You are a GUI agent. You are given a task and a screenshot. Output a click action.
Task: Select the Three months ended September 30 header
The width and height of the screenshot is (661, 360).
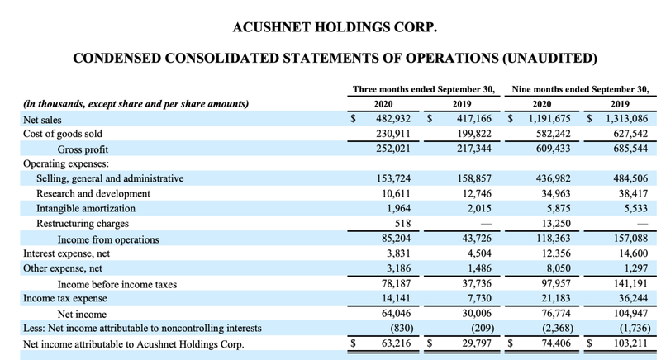point(423,88)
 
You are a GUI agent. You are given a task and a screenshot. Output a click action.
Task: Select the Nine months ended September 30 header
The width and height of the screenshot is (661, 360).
point(581,88)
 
